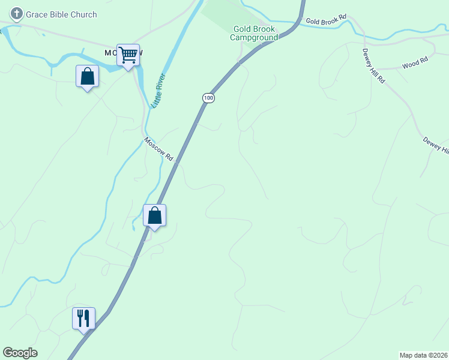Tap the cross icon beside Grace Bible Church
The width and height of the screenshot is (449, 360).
(17, 14)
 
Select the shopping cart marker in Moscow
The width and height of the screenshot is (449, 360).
(128, 55)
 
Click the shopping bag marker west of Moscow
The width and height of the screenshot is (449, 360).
(88, 76)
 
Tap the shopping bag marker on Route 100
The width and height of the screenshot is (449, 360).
(155, 215)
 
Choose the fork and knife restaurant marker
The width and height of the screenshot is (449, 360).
(84, 318)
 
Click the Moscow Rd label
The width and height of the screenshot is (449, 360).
(158, 149)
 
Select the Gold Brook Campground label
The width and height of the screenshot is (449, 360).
(254, 33)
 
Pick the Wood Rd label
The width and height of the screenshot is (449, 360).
(415, 62)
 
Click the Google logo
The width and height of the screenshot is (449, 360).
(20, 353)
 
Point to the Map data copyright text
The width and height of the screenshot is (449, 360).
(424, 355)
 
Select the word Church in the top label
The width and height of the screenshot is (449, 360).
(83, 14)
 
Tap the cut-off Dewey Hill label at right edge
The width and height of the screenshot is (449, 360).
(436, 144)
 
